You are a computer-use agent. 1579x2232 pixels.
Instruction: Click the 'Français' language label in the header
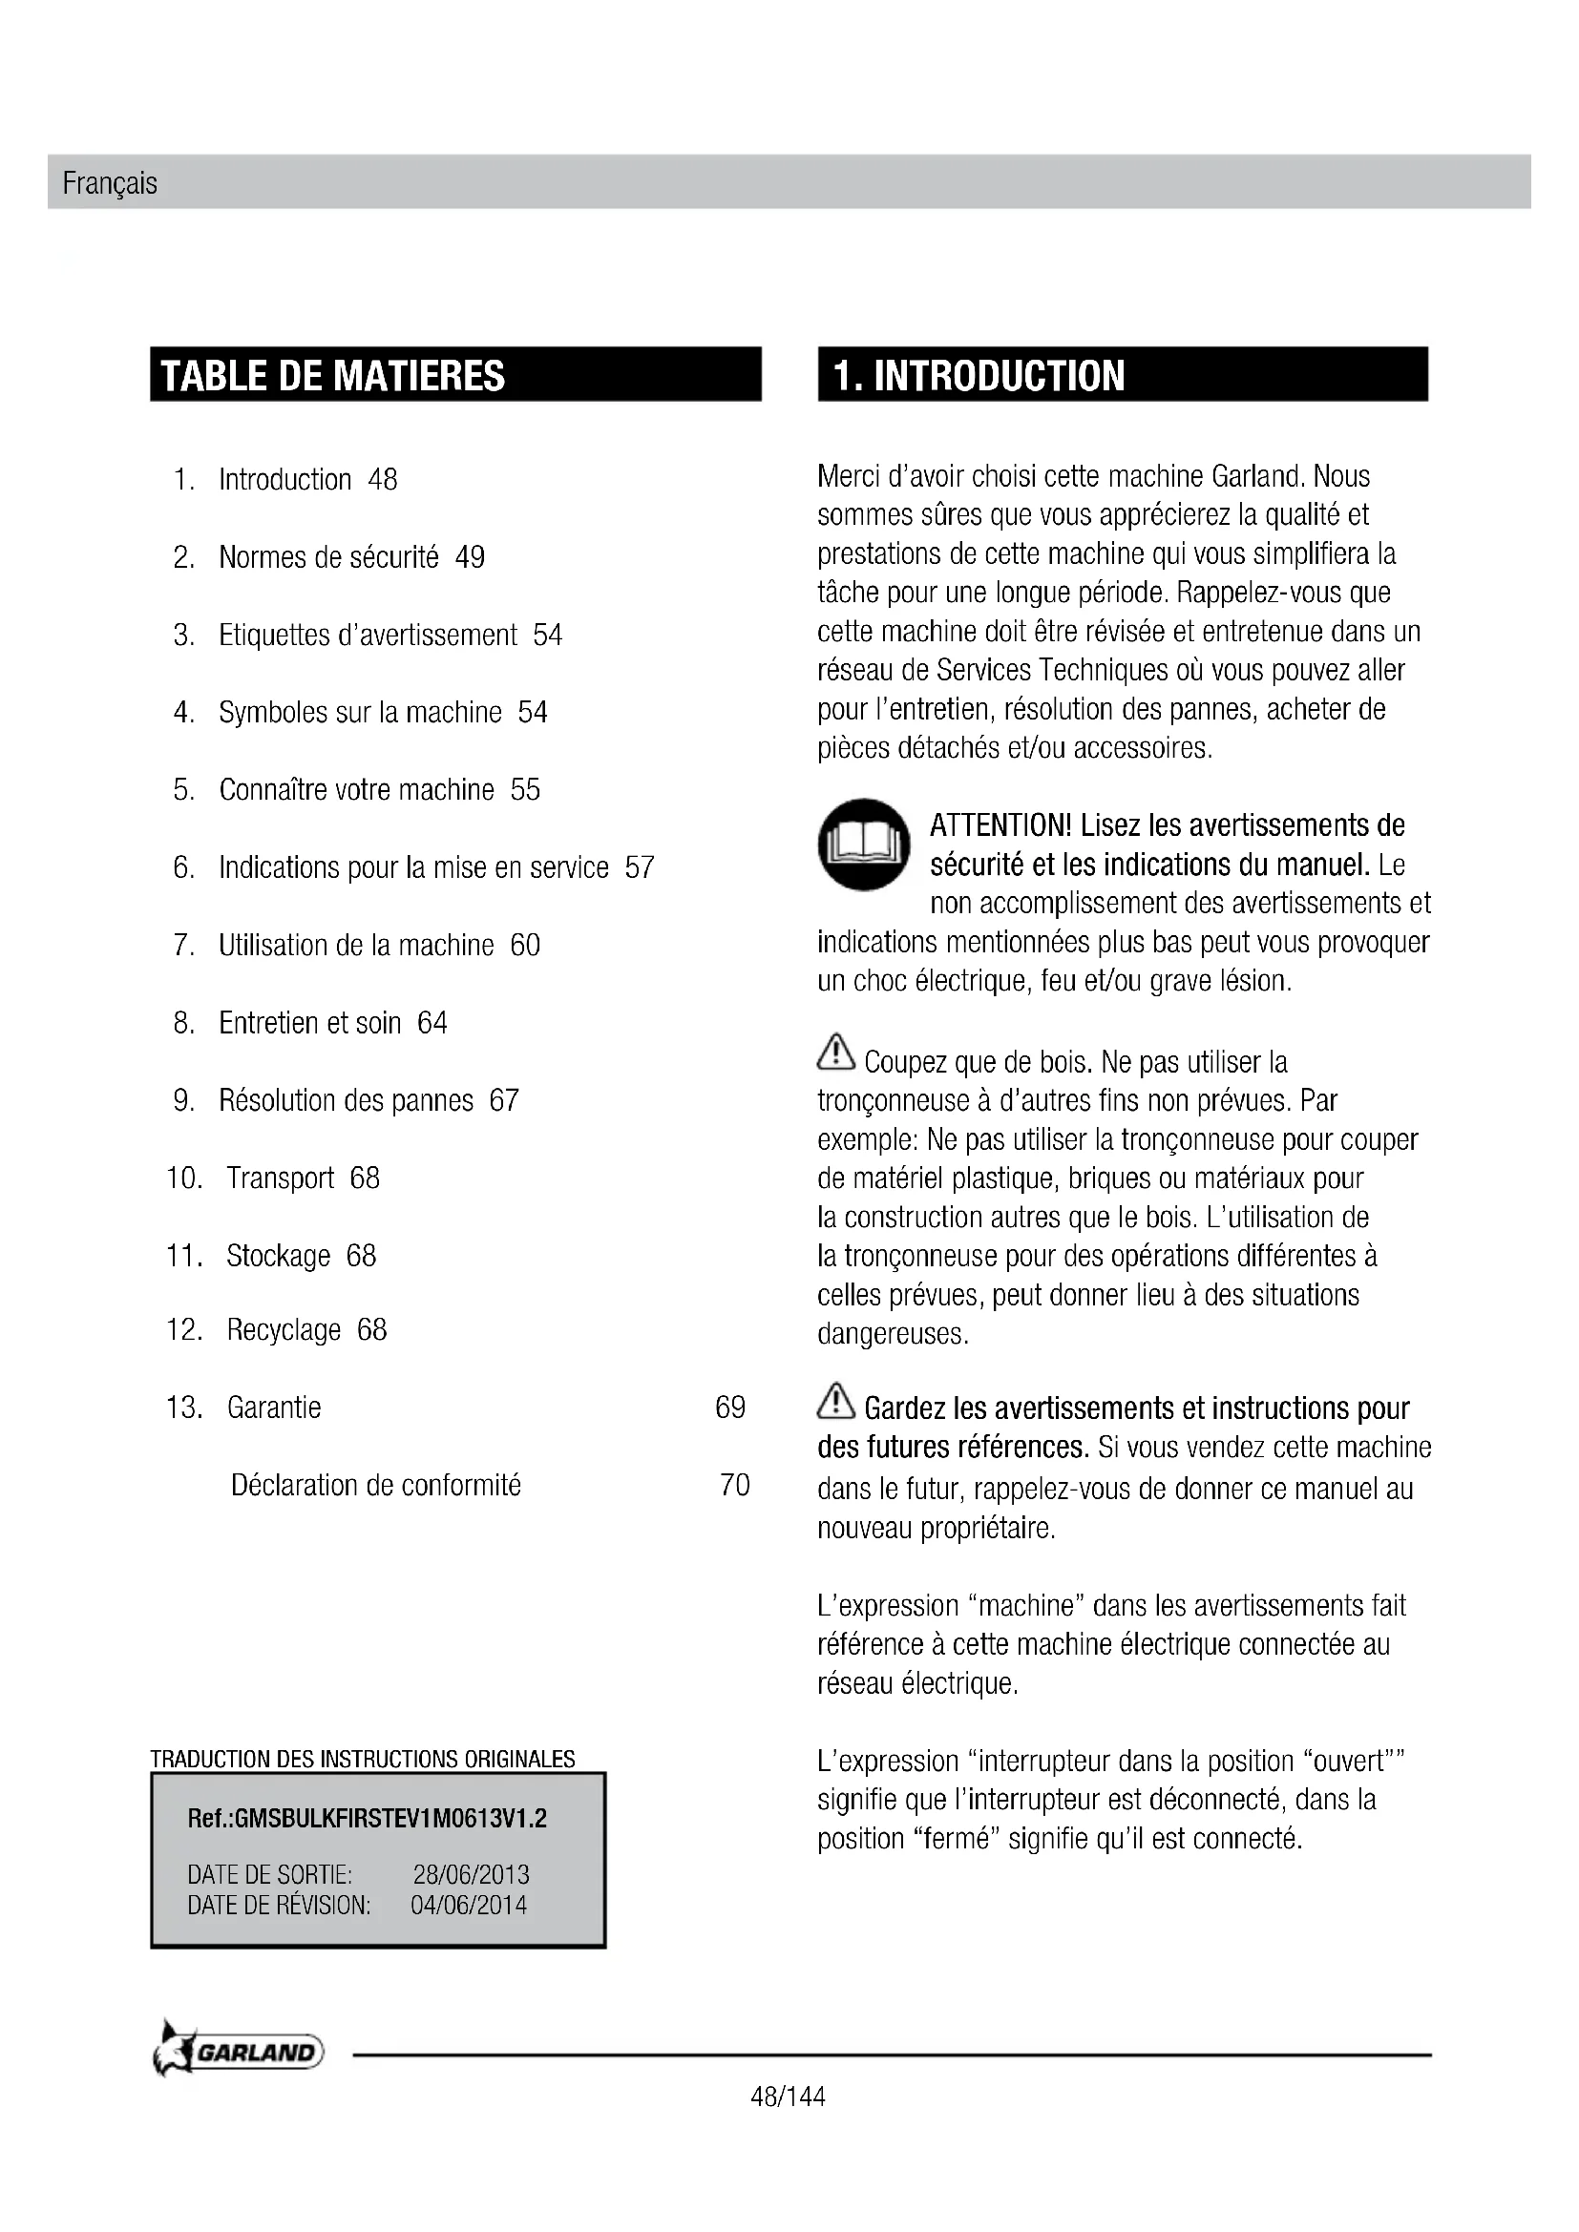[110, 183]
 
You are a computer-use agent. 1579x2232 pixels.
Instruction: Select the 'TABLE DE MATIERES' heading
[332, 376]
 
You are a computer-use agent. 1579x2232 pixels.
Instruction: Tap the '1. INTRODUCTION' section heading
[979, 376]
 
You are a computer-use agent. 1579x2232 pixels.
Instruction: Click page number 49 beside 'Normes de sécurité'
[470, 557]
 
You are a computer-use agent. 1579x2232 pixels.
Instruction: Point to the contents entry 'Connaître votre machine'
[356, 789]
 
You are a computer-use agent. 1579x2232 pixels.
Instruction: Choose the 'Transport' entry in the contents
[280, 1178]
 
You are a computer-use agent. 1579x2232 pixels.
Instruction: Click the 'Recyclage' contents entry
[284, 1329]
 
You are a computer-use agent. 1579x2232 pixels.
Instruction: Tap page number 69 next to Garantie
[730, 1407]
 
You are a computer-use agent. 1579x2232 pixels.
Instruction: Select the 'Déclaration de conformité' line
[375, 1485]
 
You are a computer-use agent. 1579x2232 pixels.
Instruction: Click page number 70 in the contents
[734, 1485]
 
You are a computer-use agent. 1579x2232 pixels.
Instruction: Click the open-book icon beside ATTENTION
[864, 844]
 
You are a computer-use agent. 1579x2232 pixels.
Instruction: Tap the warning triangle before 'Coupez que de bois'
[836, 1053]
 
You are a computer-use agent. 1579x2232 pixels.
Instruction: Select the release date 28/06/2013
[471, 1874]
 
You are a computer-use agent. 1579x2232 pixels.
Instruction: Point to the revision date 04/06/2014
[469, 1905]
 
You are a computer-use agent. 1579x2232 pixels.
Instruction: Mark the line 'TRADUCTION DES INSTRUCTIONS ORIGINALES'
[363, 1759]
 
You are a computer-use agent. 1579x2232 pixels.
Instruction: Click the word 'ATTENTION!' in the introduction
[1000, 825]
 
